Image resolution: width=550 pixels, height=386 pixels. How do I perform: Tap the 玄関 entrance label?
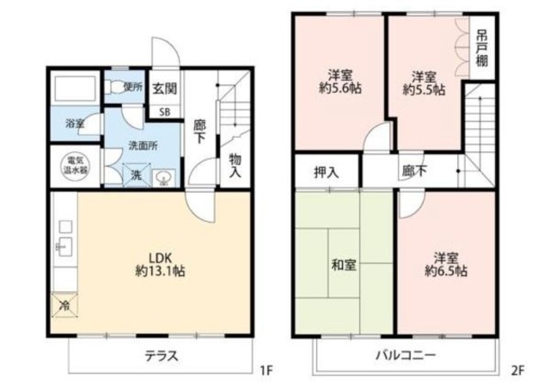[165, 89]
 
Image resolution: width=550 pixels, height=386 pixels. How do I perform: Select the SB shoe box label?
[164, 110]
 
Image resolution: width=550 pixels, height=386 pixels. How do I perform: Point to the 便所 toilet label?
[132, 86]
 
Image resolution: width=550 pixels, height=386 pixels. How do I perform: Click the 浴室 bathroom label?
[75, 124]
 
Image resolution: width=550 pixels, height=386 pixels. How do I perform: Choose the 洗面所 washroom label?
[143, 146]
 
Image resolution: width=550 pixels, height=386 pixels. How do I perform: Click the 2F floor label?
[517, 371]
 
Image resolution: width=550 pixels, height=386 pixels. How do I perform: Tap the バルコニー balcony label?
[405, 356]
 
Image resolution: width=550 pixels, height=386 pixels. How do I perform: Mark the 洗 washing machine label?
[137, 175]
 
